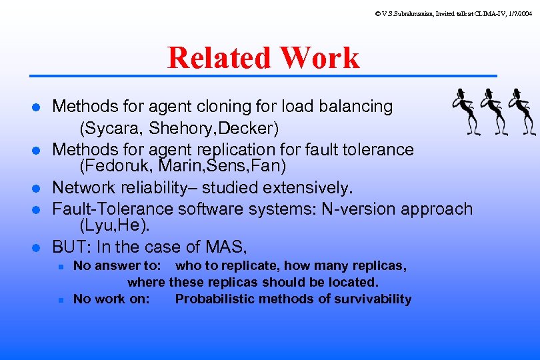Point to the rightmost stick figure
(x=522, y=114)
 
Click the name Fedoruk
(x=112, y=164)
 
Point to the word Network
(x=83, y=187)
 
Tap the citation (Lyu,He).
(x=113, y=226)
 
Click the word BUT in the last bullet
(x=69, y=247)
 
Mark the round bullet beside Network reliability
(x=37, y=189)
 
